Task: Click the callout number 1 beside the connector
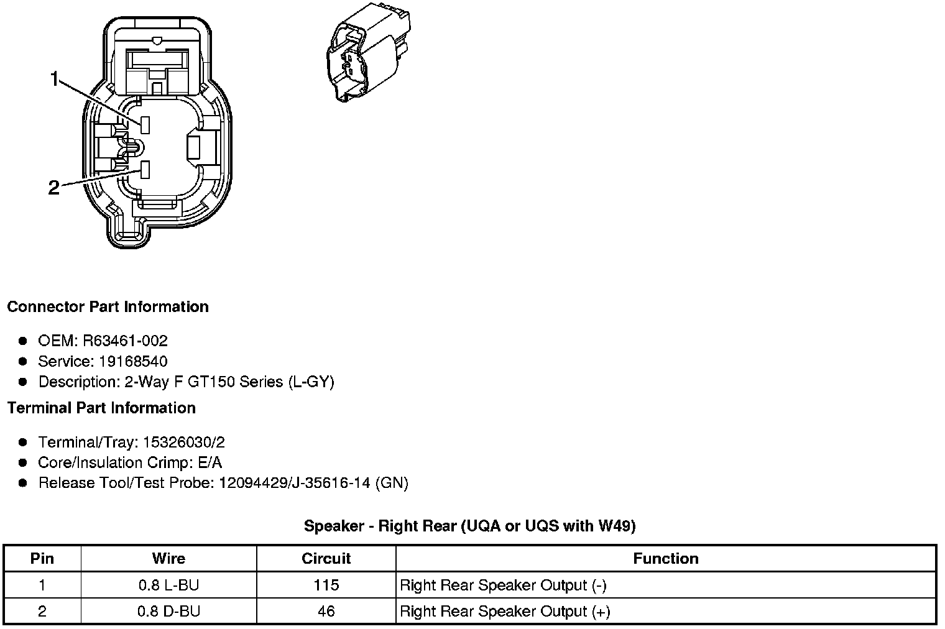pyautogui.click(x=55, y=79)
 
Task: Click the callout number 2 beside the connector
pyautogui.click(x=54, y=188)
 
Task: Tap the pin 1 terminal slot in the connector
pyautogui.click(x=145, y=125)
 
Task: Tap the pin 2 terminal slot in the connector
pyautogui.click(x=145, y=170)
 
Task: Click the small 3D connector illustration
pyautogui.click(x=368, y=52)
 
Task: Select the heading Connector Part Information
pyautogui.click(x=108, y=306)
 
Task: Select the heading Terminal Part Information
pyautogui.click(x=102, y=408)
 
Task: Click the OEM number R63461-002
pyautogui.click(x=126, y=341)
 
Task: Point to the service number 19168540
pyautogui.click(x=133, y=361)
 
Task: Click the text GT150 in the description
pyautogui.click(x=211, y=382)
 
